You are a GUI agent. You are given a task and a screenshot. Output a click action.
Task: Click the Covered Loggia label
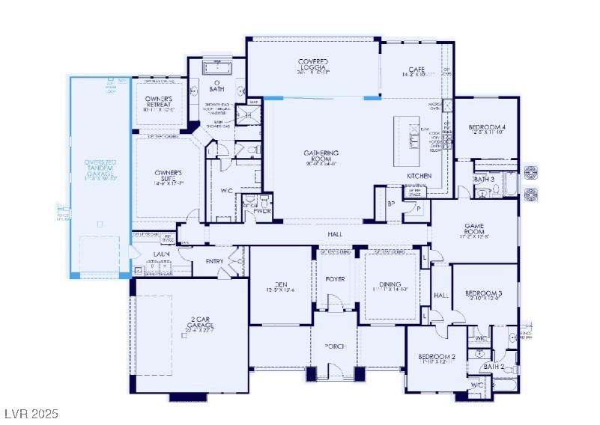tap(314, 65)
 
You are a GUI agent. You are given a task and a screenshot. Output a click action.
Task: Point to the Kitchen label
tap(419, 176)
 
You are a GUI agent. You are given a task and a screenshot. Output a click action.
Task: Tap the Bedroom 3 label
tap(483, 295)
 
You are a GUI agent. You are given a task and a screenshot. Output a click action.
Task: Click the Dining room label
tap(390, 286)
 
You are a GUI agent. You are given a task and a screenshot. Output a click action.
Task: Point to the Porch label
tap(335, 346)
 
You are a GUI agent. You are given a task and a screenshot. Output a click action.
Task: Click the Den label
tap(281, 286)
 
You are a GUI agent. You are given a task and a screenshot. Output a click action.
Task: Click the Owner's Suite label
tap(168, 177)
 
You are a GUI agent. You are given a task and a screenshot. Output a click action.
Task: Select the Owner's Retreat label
tap(158, 104)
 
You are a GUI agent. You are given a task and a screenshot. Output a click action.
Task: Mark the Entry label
tap(214, 261)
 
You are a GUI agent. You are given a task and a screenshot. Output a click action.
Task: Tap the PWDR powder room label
tap(262, 212)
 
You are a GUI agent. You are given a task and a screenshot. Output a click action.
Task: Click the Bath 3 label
tap(485, 180)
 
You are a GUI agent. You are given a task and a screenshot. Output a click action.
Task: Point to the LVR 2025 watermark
tap(31, 413)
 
